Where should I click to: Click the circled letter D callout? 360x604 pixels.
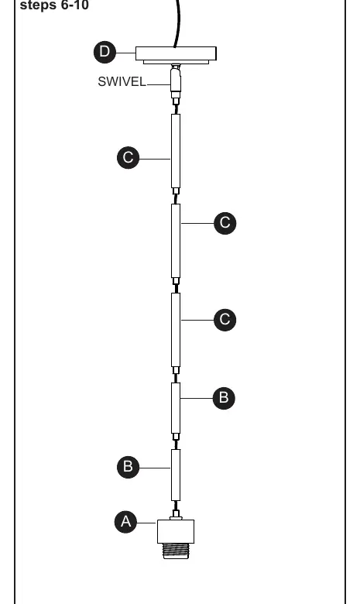[x=105, y=52]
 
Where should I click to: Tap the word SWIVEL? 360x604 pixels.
[x=122, y=81]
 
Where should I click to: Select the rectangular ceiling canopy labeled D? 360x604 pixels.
[x=176, y=55]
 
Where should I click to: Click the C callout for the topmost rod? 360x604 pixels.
[x=129, y=157]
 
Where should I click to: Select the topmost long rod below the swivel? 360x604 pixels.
[x=176, y=151]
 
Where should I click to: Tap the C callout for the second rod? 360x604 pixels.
[x=225, y=223]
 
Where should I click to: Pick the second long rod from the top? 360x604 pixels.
[x=176, y=241]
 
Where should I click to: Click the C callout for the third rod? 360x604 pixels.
[x=225, y=319]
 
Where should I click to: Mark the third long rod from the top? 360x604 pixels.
[x=176, y=330]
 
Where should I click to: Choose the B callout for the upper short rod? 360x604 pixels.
[x=224, y=398]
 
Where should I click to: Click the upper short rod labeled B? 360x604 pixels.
[x=176, y=408]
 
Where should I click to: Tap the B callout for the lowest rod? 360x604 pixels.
[x=129, y=467]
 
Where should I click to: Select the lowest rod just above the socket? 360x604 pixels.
[x=176, y=475]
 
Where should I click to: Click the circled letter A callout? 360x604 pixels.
[x=126, y=522]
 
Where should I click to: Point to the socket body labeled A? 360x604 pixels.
[x=176, y=531]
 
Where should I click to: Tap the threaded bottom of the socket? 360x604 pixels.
[x=176, y=551]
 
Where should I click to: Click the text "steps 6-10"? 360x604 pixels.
[x=54, y=5]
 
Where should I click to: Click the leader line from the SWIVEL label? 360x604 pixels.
[x=159, y=84]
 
